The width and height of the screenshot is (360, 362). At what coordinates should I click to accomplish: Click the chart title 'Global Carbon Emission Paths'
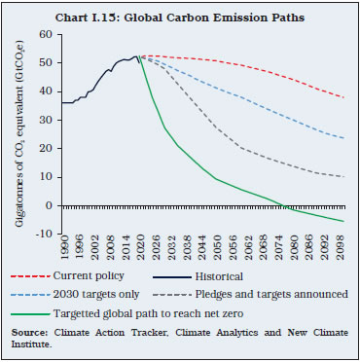coord(180,12)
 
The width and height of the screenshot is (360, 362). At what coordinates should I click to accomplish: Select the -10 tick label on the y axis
coord(47,232)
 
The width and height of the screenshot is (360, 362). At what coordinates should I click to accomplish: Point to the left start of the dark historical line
coord(61,102)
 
